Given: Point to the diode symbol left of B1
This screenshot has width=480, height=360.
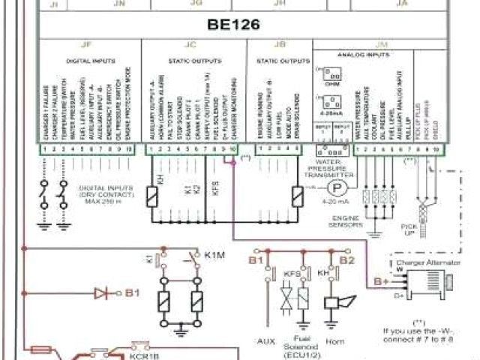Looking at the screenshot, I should pyautogui.click(x=102, y=292).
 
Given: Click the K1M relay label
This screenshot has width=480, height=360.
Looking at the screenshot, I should pyautogui.click(x=215, y=256).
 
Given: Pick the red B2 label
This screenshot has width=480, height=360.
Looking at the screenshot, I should pyautogui.click(x=346, y=260).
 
